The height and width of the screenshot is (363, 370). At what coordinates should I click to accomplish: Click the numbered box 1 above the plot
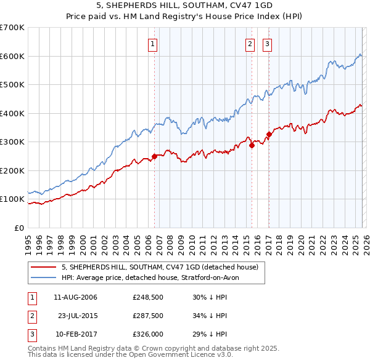(x=152, y=44)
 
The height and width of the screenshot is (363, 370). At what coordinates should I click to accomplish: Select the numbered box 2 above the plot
(x=250, y=44)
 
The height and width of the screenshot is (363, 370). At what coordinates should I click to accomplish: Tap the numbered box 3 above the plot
(x=268, y=44)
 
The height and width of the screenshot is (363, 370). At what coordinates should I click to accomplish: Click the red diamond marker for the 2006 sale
(x=154, y=156)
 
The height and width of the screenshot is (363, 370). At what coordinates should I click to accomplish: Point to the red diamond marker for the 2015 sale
(x=252, y=146)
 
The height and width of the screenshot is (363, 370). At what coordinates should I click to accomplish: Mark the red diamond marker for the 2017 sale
(x=269, y=135)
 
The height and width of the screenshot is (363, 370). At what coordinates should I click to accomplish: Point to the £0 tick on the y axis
(x=20, y=228)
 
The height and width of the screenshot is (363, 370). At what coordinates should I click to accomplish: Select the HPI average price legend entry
(x=154, y=277)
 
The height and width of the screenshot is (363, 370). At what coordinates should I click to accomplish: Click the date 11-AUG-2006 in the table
(x=75, y=297)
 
